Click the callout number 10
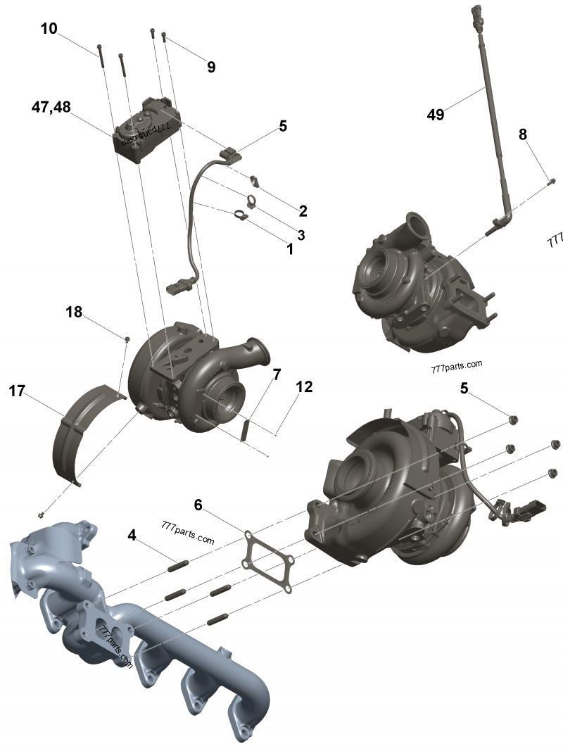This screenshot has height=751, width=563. point(49,29)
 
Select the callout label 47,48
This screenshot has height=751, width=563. point(51,107)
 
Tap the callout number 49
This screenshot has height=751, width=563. point(436,114)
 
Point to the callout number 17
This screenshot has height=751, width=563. point(18,391)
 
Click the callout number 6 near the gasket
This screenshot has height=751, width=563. point(198,505)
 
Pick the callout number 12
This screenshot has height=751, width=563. point(304,387)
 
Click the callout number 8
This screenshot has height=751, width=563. point(523,134)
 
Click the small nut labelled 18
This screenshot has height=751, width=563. point(127,339)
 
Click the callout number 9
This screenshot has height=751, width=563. point(211,68)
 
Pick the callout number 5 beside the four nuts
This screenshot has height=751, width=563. point(464,388)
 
